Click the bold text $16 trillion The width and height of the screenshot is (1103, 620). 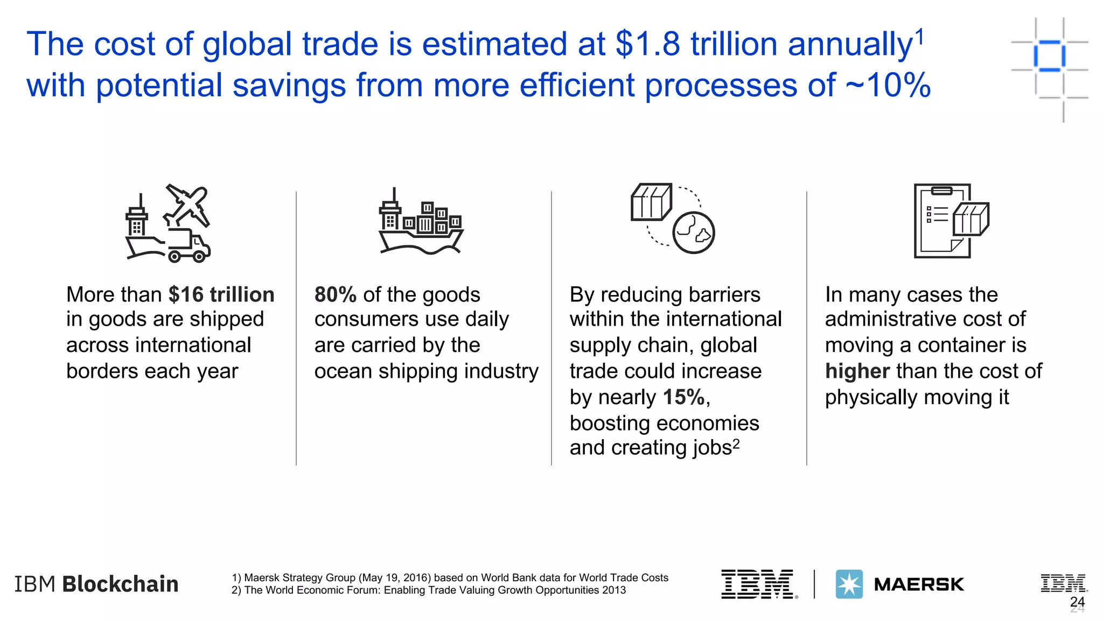point(221,295)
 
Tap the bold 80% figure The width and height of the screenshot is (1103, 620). point(335,295)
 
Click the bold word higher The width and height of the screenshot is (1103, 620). point(857,371)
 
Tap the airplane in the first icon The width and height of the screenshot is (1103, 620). point(187,205)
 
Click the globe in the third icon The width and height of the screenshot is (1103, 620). point(694,233)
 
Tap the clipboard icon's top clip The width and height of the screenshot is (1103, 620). point(941,191)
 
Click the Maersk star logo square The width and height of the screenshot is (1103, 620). point(849,584)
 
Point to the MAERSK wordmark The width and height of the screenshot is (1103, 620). point(919,584)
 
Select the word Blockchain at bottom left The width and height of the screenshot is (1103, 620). point(120,584)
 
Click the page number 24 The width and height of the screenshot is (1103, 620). point(1077,602)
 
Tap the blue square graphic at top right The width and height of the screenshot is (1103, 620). point(1049,56)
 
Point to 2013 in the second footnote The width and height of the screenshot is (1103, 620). point(615,590)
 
